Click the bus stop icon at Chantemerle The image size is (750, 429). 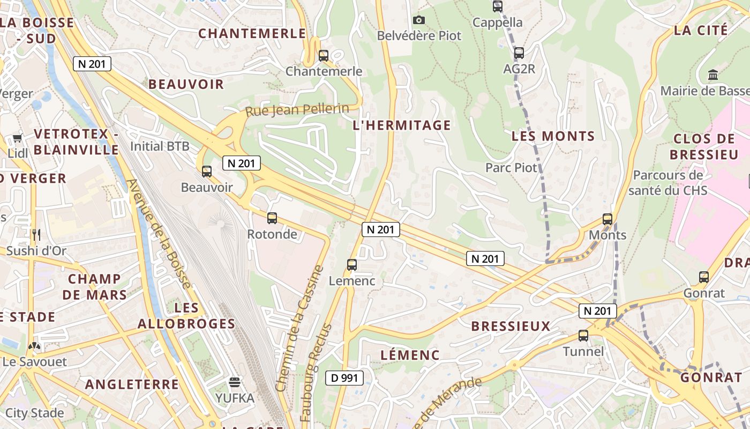click(x=323, y=55)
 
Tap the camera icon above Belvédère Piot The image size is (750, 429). click(x=419, y=20)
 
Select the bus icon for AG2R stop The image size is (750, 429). click(x=519, y=53)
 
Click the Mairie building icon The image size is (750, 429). click(x=713, y=75)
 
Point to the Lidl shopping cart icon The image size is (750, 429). click(x=17, y=138)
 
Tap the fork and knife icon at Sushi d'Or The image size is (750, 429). click(x=36, y=234)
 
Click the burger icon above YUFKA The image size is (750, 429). click(x=235, y=382)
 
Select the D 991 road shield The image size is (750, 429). click(x=344, y=378)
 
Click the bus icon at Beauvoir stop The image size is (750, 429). click(x=206, y=172)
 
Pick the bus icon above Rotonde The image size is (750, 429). click(x=272, y=218)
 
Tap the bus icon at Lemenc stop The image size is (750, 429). click(x=351, y=265)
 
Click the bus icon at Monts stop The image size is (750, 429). click(x=607, y=219)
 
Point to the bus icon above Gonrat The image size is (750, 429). click(x=704, y=277)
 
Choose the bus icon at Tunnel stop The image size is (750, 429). click(x=583, y=336)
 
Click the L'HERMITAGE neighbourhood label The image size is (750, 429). click(x=402, y=125)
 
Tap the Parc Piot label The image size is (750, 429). click(x=511, y=168)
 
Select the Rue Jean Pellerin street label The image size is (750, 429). click(x=297, y=110)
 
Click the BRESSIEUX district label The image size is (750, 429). click(x=511, y=326)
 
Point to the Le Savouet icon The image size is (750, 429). click(x=34, y=346)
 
